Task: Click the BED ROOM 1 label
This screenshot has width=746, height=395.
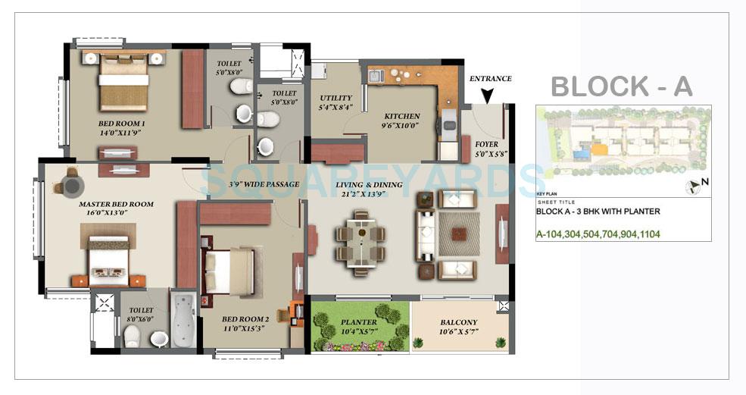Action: pyautogui.click(x=121, y=124)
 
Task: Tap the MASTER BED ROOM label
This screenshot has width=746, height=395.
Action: pyautogui.click(x=116, y=204)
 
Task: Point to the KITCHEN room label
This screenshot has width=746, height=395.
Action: pyautogui.click(x=401, y=117)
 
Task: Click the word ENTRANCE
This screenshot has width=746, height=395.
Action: pyautogui.click(x=490, y=78)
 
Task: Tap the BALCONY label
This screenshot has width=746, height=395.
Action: pyautogui.click(x=459, y=322)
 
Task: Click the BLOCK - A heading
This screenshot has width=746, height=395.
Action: pyautogui.click(x=621, y=86)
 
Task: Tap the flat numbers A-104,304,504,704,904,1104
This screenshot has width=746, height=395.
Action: pyautogui.click(x=598, y=234)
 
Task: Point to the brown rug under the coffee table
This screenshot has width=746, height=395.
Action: pyautogui.click(x=457, y=233)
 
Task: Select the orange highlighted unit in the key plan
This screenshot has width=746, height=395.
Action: pyautogui.click(x=599, y=150)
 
